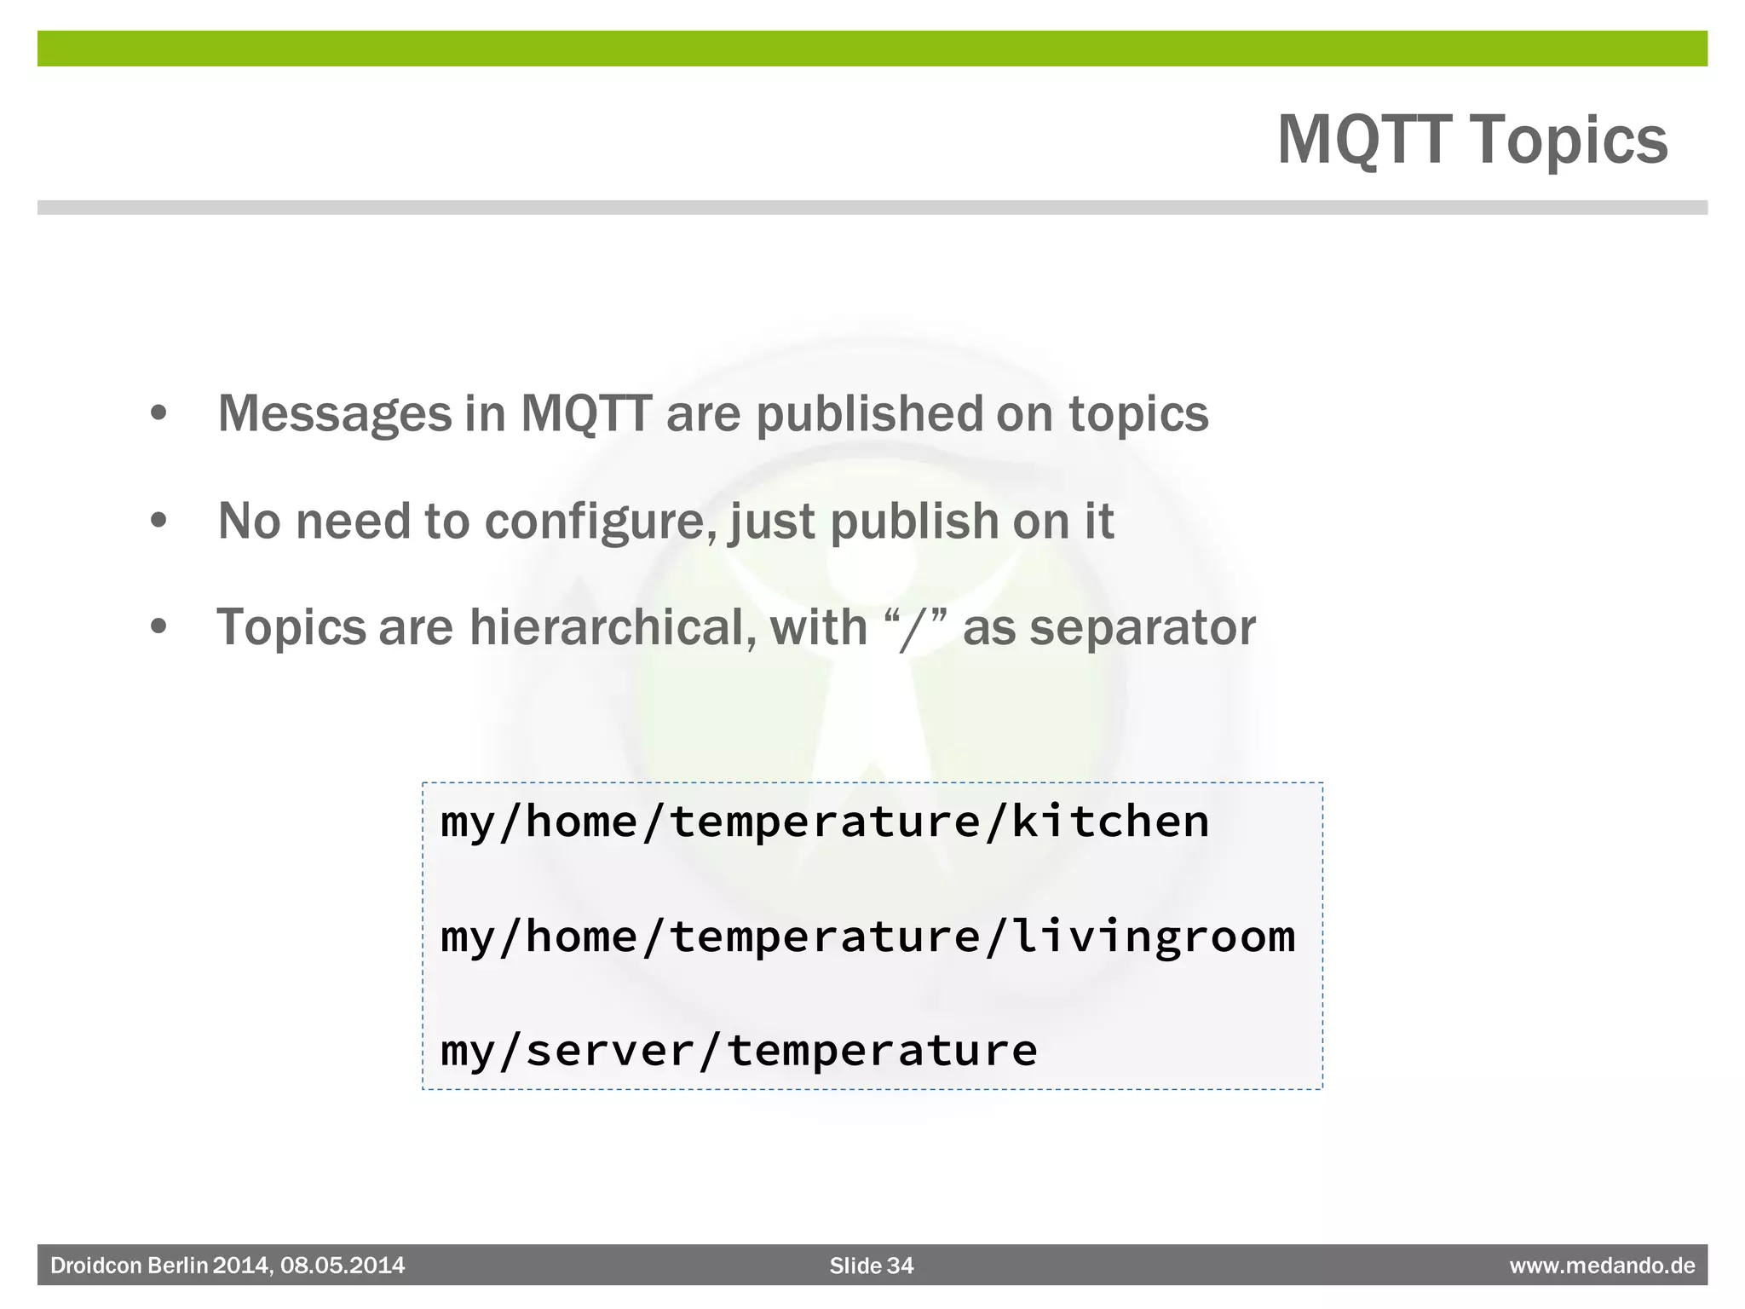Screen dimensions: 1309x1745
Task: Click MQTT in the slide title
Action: [1364, 141]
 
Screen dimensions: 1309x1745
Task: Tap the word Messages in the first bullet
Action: [335, 415]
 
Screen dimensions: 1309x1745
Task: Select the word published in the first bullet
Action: [869, 415]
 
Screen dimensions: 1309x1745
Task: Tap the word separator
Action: [1142, 628]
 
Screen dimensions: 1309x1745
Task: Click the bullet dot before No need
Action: [158, 521]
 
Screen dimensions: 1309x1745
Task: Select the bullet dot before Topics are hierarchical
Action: [158, 627]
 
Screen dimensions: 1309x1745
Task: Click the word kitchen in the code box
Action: [1109, 822]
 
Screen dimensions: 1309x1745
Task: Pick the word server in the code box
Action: [610, 1051]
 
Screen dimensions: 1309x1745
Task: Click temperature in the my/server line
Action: [882, 1051]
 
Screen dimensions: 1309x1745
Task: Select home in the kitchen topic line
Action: [581, 822]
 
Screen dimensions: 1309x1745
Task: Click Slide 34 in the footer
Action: [871, 1266]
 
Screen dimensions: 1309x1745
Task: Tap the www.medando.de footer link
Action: [1602, 1266]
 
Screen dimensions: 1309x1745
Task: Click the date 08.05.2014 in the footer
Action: [343, 1266]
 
